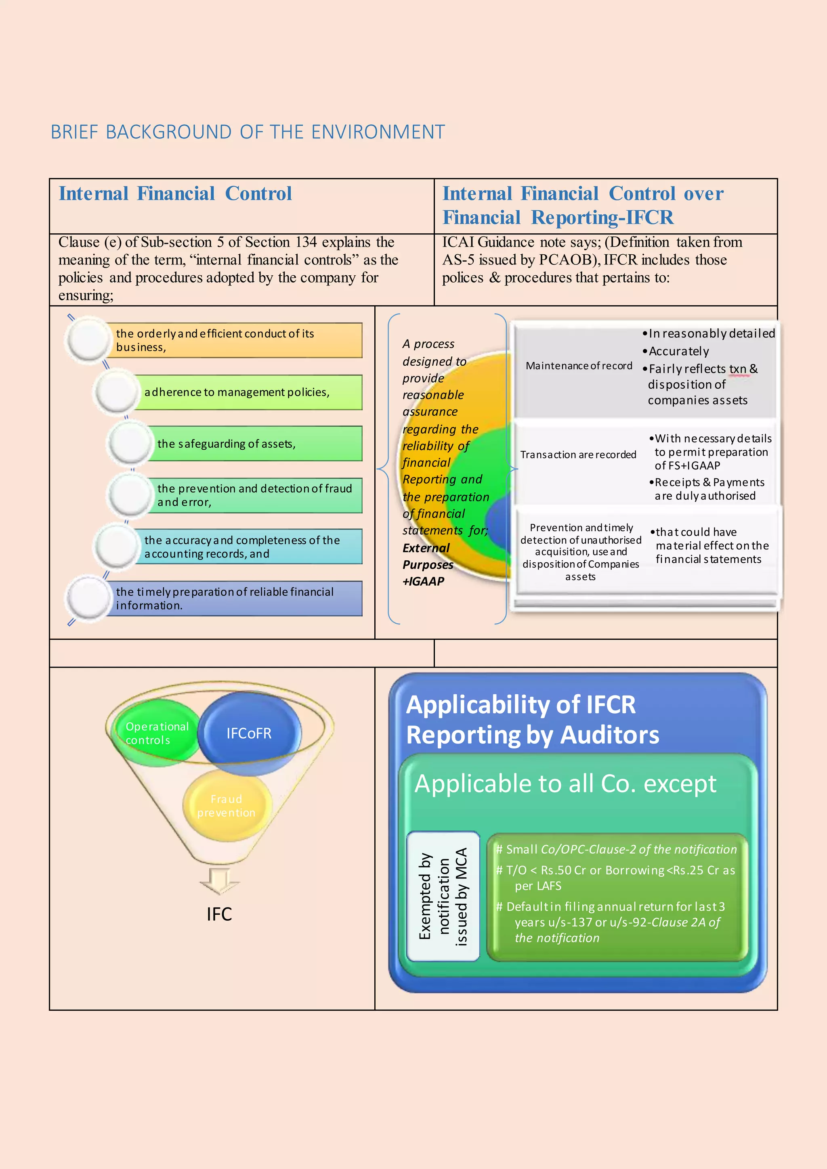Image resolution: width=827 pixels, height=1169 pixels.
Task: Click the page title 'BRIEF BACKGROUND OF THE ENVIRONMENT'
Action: coord(248,132)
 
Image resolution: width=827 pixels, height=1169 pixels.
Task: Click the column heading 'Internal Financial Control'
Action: coord(175,194)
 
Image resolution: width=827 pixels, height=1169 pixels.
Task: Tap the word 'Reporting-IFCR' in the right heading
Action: coord(602,218)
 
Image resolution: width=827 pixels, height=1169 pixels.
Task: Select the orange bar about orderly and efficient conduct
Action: coord(234,340)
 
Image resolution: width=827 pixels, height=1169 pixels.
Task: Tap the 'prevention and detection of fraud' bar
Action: coord(255,495)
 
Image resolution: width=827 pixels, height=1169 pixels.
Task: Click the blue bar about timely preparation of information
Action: coord(234,599)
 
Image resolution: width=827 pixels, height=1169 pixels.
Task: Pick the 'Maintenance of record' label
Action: coord(579,366)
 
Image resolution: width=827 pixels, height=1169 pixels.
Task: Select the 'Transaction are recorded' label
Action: coord(578,455)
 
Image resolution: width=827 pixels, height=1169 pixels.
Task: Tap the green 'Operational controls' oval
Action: coord(156,733)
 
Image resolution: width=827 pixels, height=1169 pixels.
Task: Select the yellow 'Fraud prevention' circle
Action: coord(227,806)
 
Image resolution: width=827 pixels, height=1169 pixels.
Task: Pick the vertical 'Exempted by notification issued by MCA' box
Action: coord(443,897)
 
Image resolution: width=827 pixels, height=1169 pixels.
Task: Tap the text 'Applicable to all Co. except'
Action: coord(565,784)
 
